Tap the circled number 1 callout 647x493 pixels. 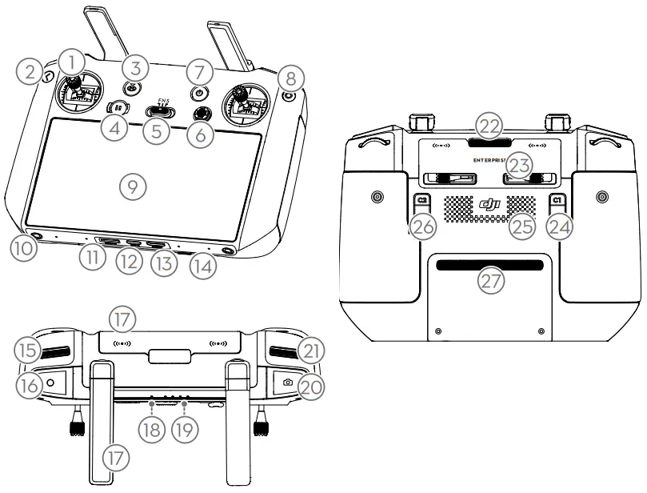pos(74,61)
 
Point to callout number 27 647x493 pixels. pos(489,280)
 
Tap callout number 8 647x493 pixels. pos(290,78)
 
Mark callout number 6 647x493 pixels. pos(201,134)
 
